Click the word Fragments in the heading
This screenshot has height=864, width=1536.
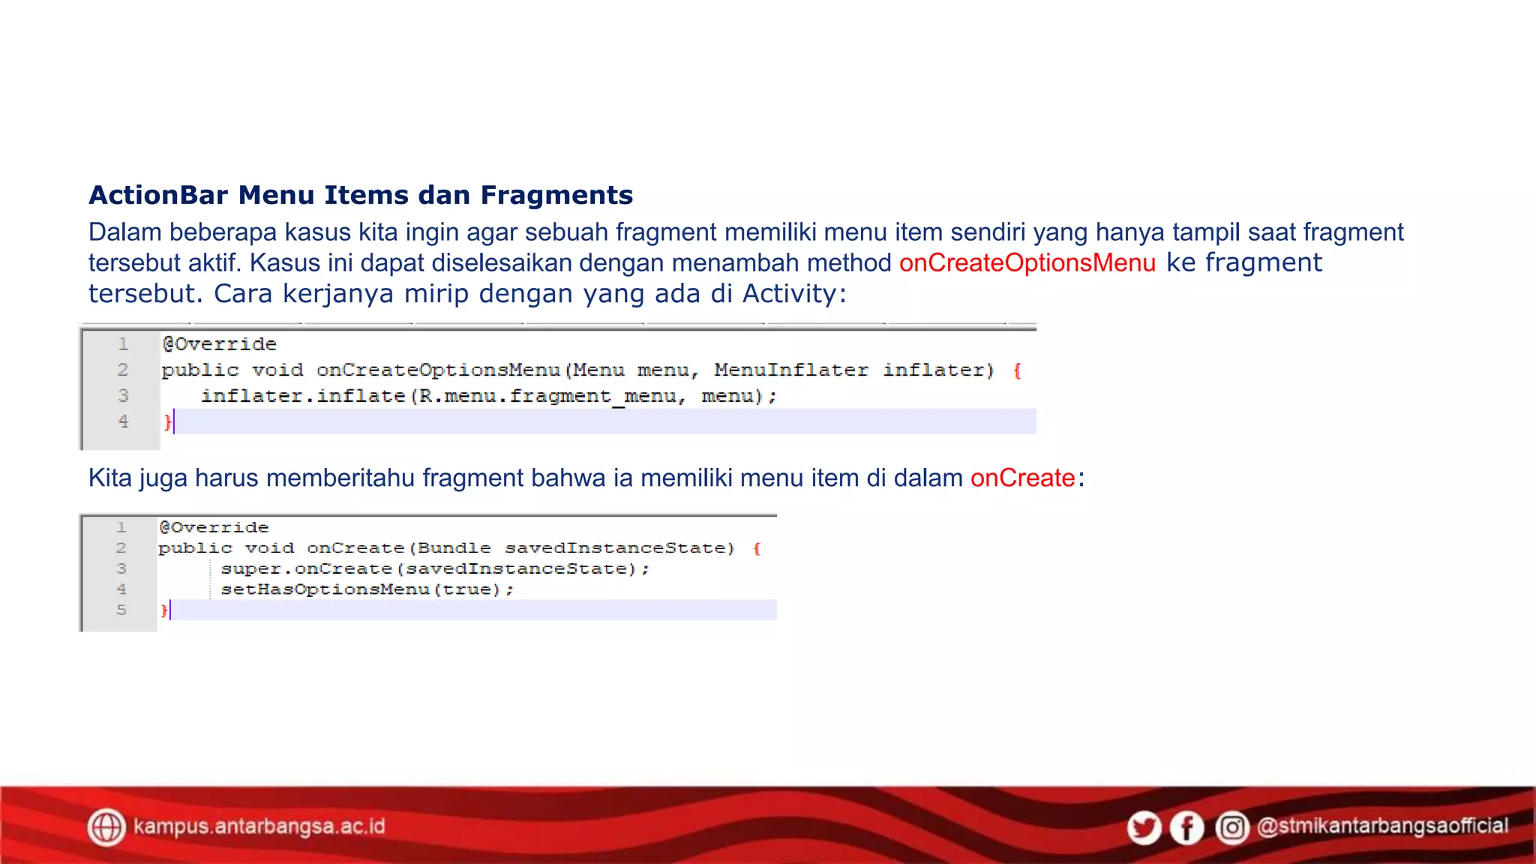[x=556, y=195]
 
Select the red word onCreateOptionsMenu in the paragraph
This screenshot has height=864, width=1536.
[x=1027, y=263]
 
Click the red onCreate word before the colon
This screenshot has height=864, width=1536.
[x=1022, y=478]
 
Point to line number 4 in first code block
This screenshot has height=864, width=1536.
[x=123, y=421]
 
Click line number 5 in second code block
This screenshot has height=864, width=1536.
[x=121, y=610]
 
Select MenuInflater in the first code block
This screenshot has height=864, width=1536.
[x=790, y=370]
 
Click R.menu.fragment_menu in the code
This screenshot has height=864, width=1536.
[x=547, y=396]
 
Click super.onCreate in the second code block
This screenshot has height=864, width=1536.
[x=306, y=569]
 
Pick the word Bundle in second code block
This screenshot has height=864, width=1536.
[x=454, y=548]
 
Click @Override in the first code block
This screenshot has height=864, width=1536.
[x=219, y=344]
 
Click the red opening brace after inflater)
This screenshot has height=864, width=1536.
[x=1017, y=371]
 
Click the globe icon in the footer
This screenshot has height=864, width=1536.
[x=106, y=827]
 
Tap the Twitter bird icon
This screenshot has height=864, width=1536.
[x=1144, y=828]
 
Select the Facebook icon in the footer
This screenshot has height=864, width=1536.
[x=1186, y=828]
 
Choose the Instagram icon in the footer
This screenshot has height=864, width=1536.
[x=1231, y=828]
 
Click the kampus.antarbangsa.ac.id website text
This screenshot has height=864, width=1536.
[x=259, y=826]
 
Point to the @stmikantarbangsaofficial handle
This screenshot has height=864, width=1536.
[x=1382, y=826]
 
